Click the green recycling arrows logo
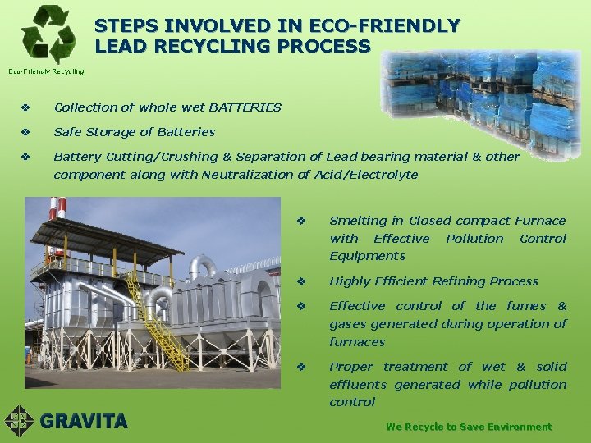pos(48,34)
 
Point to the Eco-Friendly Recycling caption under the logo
pos(46,71)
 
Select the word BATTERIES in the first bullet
pos(245,107)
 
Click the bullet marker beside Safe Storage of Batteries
pos(26,132)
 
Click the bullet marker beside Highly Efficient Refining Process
pos(302,281)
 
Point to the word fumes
pos(525,306)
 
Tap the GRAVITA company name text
pos(84,422)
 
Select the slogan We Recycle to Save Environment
pos(469,427)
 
